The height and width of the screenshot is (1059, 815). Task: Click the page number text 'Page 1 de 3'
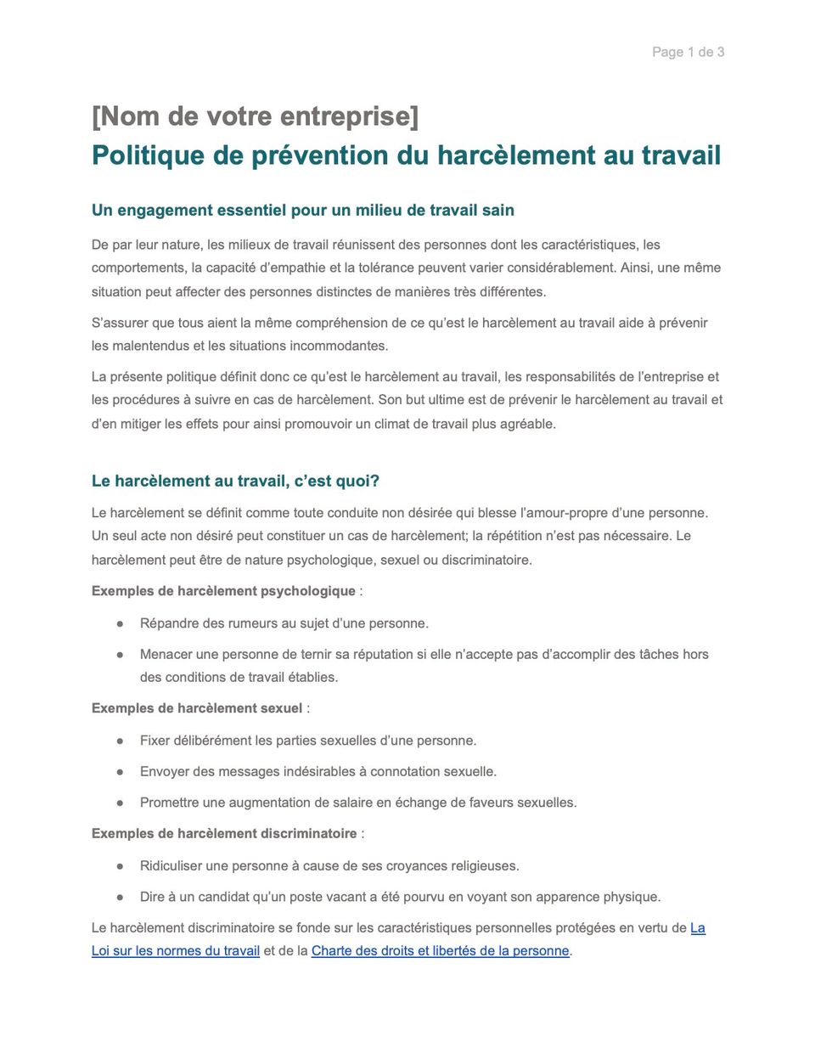688,52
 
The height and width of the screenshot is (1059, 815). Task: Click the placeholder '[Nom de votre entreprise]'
255,116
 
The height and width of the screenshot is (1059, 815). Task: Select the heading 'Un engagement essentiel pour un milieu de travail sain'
302,211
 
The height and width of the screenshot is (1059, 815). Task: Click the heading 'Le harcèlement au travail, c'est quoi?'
235,482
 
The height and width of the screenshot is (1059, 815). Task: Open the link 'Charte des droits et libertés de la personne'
440,951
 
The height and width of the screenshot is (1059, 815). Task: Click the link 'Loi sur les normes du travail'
176,951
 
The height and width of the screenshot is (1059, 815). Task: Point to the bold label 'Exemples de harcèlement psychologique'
223,591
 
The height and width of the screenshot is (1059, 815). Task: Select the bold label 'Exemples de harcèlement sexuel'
197,708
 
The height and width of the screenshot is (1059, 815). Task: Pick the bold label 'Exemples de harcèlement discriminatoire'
224,834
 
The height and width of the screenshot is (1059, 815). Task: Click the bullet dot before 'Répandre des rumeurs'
121,624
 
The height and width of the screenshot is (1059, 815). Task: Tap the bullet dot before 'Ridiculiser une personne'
121,867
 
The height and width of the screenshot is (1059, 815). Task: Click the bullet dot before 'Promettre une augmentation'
121,803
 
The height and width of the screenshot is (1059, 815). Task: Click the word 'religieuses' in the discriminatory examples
482,866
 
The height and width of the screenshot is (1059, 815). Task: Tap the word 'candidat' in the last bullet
226,898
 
